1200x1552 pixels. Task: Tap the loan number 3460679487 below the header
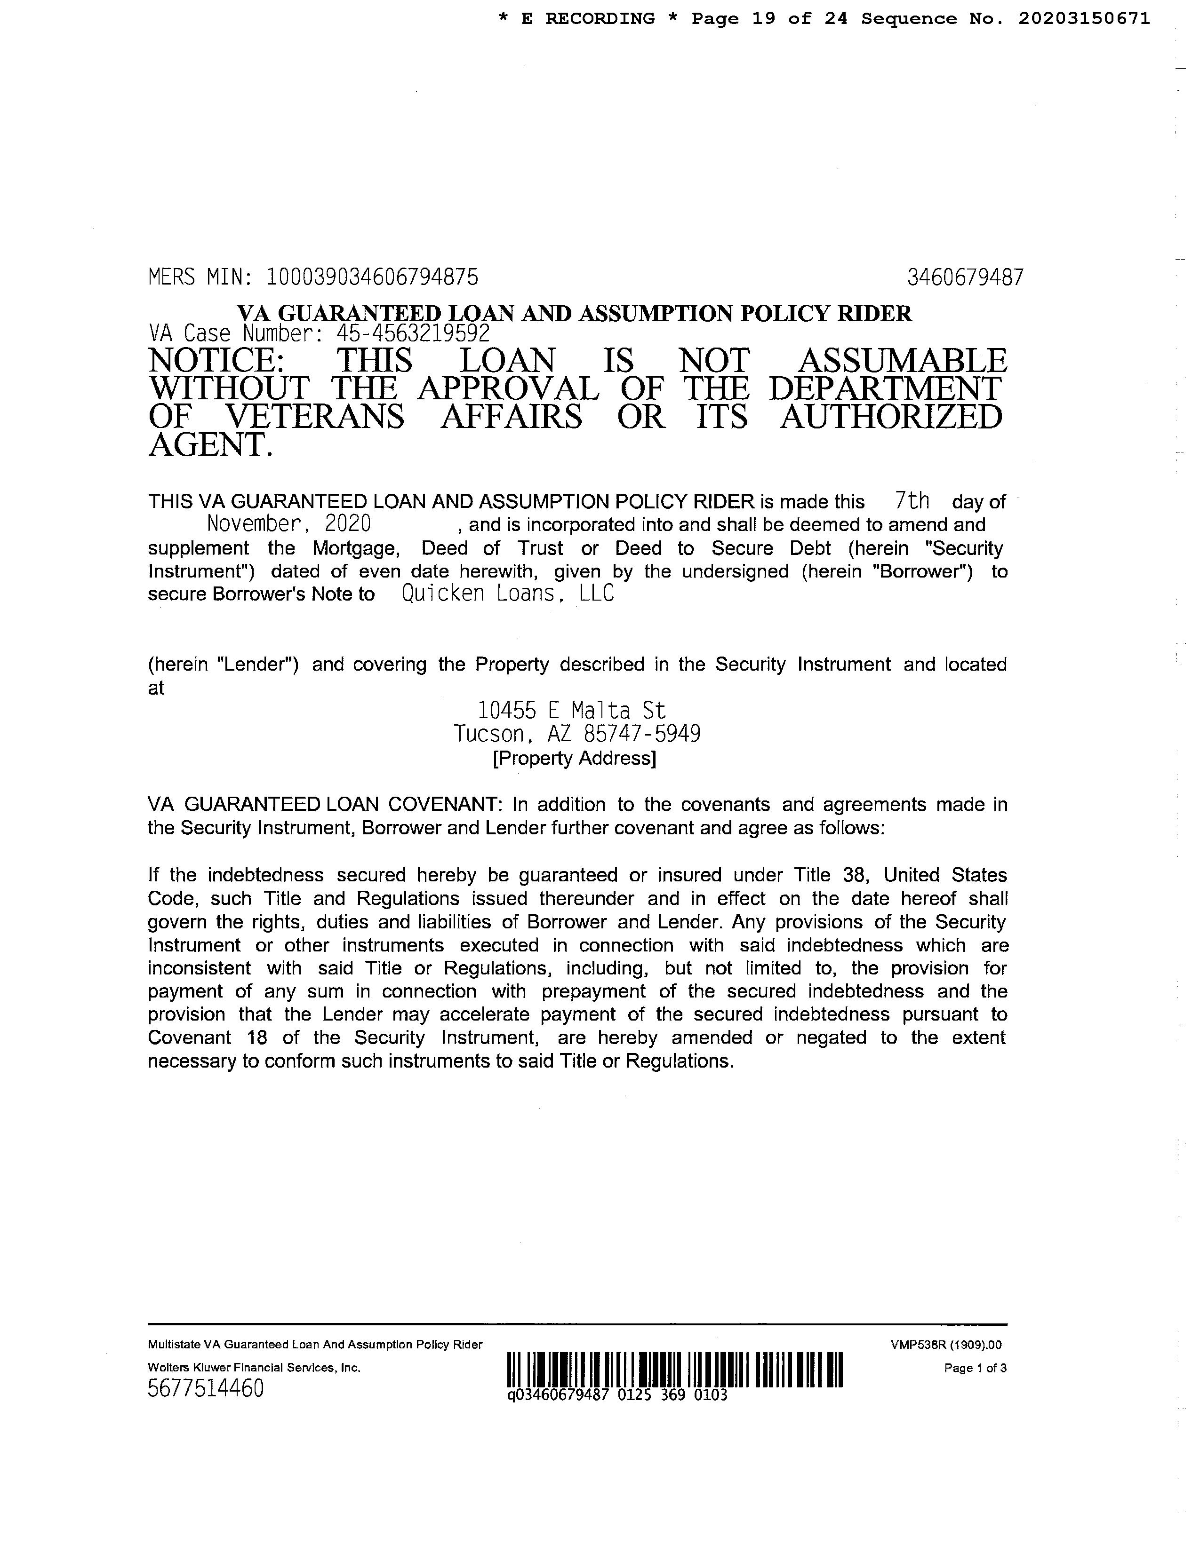[965, 277]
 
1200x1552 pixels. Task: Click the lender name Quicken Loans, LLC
[508, 594]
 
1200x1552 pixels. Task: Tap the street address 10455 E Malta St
[572, 710]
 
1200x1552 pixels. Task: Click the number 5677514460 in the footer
[206, 1388]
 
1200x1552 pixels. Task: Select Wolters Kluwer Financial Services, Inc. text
[254, 1367]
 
